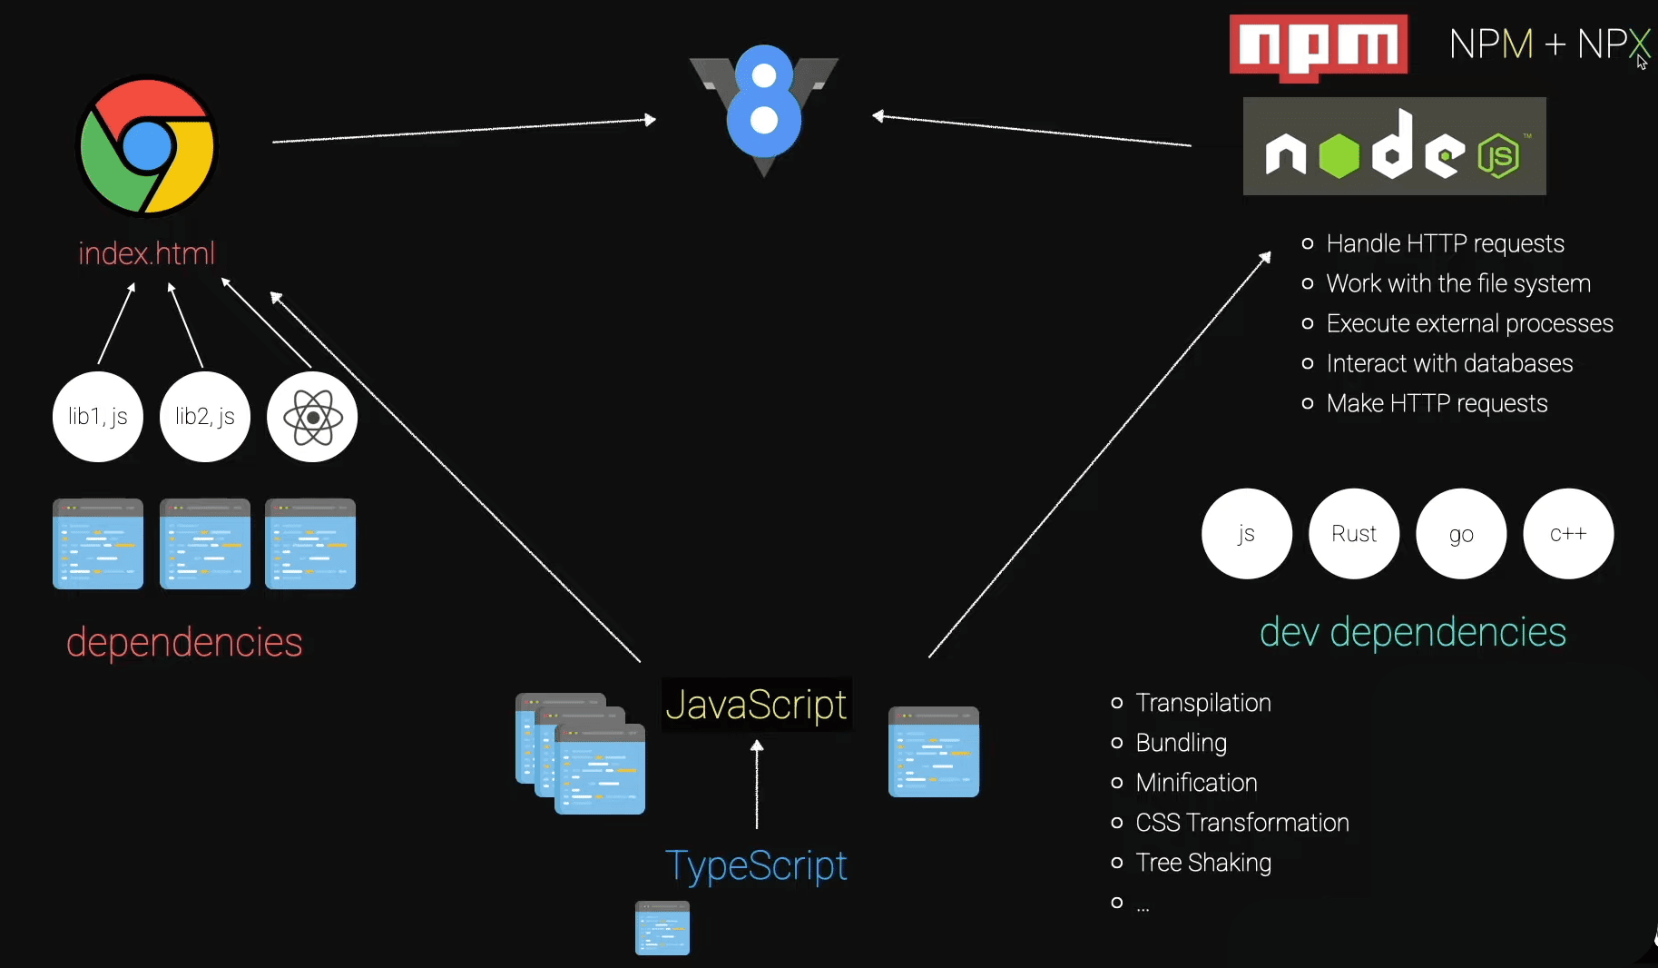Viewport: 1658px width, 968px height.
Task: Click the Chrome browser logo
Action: [x=147, y=146]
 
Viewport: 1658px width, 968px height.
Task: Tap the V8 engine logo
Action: [x=764, y=104]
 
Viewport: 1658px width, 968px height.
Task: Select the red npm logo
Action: [x=1318, y=46]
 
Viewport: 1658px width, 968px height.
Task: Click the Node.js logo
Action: [x=1394, y=146]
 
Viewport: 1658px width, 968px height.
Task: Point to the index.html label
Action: [x=147, y=253]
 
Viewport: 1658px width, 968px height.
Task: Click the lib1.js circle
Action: [x=98, y=417]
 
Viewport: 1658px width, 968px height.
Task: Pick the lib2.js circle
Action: [x=205, y=417]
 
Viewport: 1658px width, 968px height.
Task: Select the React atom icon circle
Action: [x=312, y=417]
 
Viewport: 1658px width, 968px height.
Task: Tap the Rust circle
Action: [x=1354, y=534]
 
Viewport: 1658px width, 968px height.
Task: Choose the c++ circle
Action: [x=1568, y=534]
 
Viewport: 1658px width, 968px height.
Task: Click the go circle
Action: [x=1461, y=534]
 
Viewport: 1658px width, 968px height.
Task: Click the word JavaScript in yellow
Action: [x=756, y=705]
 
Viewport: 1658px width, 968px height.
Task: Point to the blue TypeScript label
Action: [x=756, y=865]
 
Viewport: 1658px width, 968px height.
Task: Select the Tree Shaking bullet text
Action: [x=1203, y=863]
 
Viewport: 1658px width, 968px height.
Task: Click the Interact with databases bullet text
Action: [x=1449, y=363]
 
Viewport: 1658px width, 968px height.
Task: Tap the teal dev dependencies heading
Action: [x=1413, y=632]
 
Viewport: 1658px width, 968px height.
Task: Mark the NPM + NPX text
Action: [x=1548, y=44]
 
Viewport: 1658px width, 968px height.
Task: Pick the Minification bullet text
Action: [x=1196, y=783]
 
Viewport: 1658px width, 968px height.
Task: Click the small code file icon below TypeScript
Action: [x=662, y=928]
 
